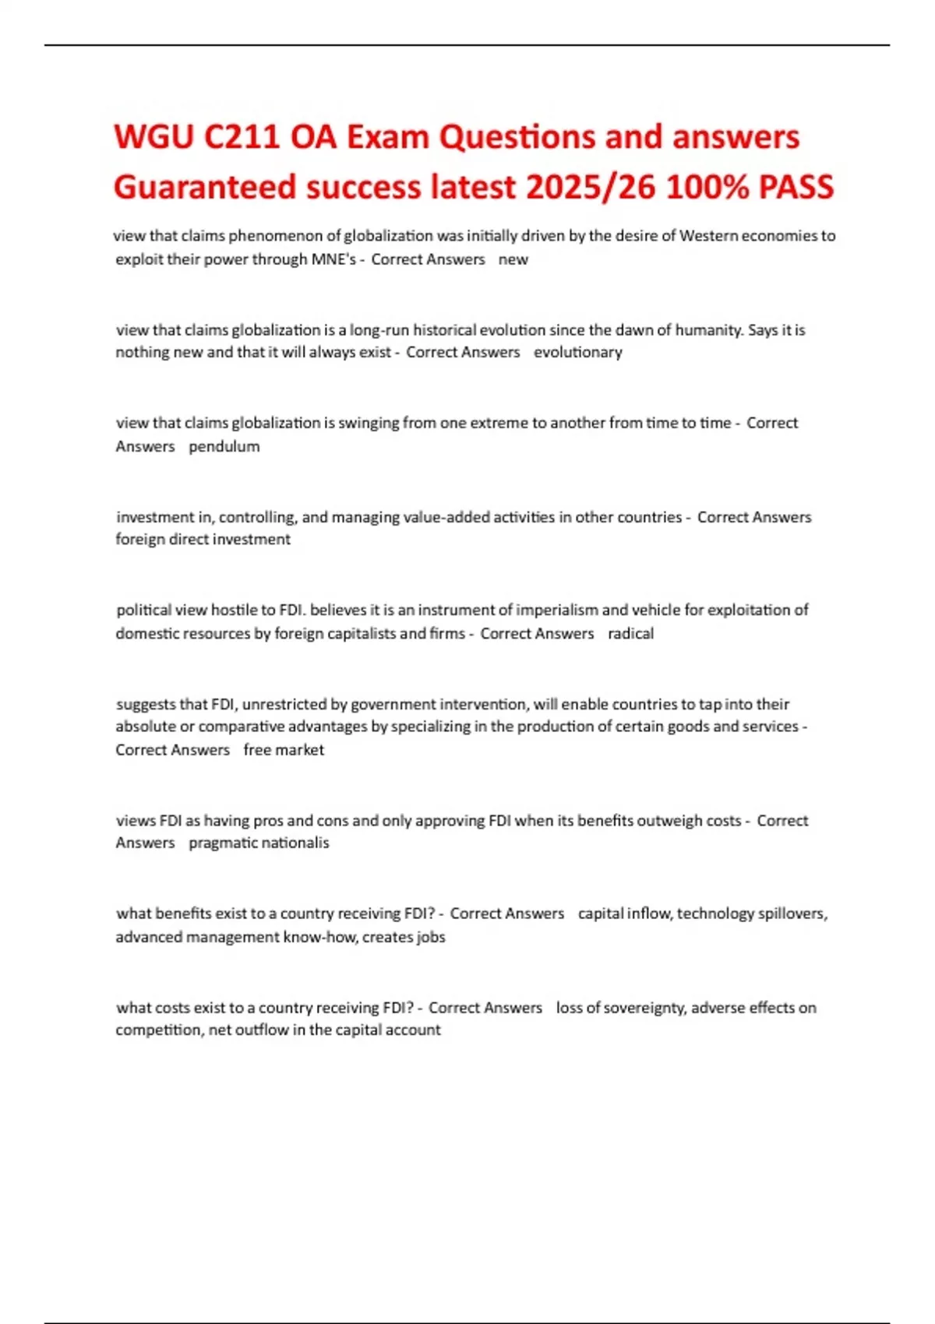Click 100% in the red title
click(x=707, y=187)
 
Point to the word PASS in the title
click(x=796, y=187)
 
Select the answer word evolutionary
click(x=578, y=352)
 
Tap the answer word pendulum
click(x=224, y=446)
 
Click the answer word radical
click(x=630, y=633)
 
